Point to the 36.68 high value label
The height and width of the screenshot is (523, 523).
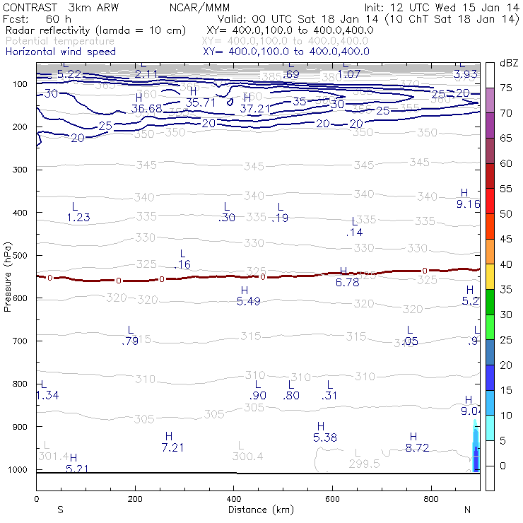147,108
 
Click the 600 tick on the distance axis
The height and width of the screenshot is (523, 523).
332,498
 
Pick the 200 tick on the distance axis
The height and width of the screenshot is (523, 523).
135,498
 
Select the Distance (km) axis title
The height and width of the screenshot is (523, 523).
257,510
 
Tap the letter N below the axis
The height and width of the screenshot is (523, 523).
467,510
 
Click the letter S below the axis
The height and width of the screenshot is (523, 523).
60,510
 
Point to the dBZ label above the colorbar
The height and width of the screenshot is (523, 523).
508,63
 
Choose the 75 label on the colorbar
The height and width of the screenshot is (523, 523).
505,88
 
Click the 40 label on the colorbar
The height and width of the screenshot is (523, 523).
505,264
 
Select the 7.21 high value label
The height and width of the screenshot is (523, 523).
173,447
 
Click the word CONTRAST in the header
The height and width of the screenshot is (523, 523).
29,7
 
